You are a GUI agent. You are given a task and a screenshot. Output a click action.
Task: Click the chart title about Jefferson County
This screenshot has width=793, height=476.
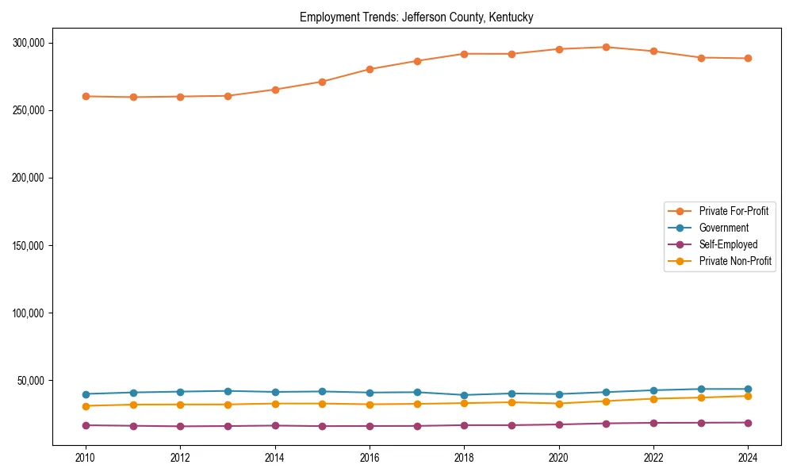[416, 17]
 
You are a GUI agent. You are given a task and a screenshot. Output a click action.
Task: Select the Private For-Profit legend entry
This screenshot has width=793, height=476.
[734, 211]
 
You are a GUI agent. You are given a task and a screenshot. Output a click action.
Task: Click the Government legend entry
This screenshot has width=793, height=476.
[723, 228]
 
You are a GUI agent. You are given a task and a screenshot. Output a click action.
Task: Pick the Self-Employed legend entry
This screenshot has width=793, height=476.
[728, 244]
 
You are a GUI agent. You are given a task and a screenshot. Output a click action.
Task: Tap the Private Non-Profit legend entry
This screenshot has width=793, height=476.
[735, 261]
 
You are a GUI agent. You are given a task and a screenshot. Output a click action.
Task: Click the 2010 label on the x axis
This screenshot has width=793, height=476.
[86, 458]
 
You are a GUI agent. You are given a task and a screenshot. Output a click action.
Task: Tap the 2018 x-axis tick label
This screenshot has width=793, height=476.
[465, 458]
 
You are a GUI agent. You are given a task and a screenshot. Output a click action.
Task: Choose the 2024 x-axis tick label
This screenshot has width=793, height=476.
[748, 458]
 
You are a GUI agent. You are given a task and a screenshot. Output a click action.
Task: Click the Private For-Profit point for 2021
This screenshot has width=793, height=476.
[606, 47]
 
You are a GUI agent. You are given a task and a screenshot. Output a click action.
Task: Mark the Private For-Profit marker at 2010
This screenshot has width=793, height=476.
[86, 96]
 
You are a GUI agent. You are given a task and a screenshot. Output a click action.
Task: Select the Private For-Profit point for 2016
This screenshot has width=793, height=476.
[370, 69]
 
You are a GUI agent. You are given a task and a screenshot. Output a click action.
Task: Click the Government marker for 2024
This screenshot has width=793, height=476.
[748, 389]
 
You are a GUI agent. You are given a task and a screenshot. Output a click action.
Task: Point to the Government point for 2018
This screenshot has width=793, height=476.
[465, 395]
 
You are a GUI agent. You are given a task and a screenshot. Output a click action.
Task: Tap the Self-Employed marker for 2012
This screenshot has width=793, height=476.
[180, 426]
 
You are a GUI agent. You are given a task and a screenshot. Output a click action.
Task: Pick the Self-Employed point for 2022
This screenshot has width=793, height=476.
[653, 423]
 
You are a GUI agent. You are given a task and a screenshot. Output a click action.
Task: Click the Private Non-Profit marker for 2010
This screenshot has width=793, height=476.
[86, 406]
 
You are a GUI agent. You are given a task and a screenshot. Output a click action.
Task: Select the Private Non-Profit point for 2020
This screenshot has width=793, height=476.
[559, 404]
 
